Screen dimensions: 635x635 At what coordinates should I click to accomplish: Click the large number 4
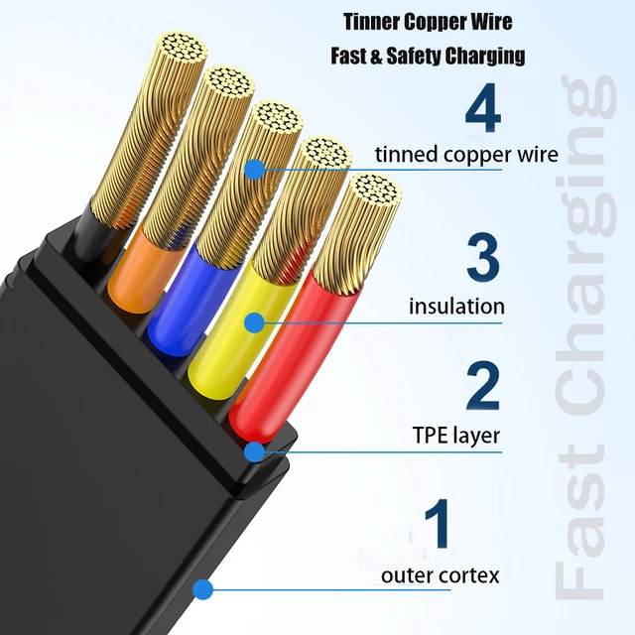coord(483,107)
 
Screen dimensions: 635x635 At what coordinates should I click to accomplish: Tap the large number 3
coord(483,257)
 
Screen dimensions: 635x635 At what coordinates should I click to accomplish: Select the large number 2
coord(483,386)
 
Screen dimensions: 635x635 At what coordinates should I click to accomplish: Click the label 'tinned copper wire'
coord(466,155)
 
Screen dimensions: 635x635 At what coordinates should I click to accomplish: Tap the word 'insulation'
coord(456,307)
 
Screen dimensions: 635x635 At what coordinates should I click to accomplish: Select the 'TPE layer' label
coord(456,436)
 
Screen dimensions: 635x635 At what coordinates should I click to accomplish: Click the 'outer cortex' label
coord(441,575)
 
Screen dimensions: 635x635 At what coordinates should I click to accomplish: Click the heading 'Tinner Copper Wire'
coord(428,22)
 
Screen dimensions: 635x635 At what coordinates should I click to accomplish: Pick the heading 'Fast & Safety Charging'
coord(428,56)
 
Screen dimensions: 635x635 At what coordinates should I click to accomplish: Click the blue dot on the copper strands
coord(255,169)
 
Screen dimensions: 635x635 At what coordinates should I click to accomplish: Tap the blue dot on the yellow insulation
coord(255,322)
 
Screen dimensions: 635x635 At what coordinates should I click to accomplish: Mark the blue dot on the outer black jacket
coord(202,589)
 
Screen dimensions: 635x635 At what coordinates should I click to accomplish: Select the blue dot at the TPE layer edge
coord(255,451)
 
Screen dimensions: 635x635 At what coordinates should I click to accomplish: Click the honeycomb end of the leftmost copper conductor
coord(182,49)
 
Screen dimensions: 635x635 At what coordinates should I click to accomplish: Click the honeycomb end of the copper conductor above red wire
coord(375,191)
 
